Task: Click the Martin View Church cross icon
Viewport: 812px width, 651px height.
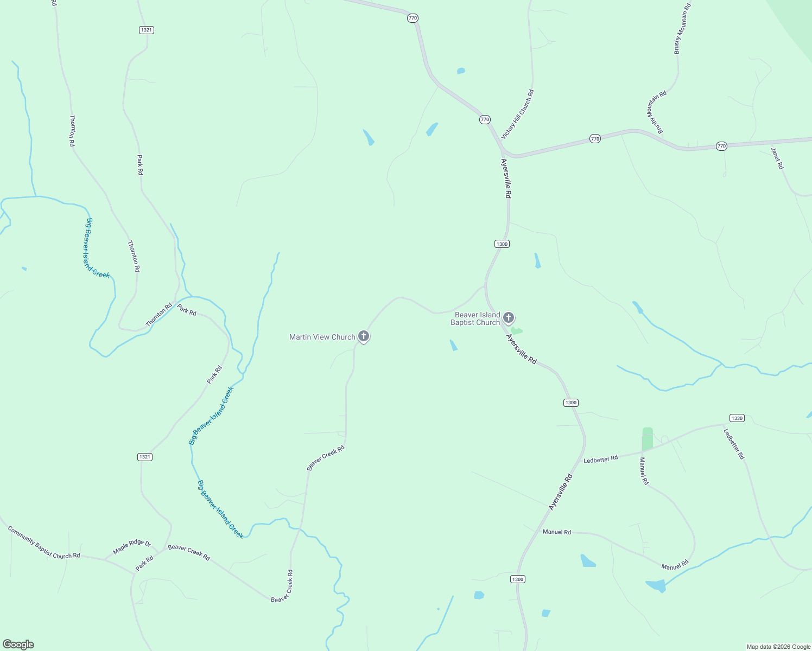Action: point(364,337)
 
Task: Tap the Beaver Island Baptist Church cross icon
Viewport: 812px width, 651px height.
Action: point(509,317)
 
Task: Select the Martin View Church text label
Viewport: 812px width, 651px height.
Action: point(322,337)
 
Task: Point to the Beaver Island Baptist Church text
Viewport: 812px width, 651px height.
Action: point(475,318)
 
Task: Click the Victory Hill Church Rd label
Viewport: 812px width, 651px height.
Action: point(517,114)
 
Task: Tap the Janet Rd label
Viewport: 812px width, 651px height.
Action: point(777,158)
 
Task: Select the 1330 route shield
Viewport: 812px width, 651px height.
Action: point(737,418)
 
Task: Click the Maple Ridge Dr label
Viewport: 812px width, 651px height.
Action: point(132,547)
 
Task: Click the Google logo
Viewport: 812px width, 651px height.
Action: point(18,644)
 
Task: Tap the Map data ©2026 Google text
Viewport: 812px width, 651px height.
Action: point(778,647)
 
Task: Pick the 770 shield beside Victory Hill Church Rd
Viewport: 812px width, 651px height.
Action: point(485,119)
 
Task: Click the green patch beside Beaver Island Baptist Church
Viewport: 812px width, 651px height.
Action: point(516,330)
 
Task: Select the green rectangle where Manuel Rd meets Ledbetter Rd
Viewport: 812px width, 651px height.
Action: point(647,439)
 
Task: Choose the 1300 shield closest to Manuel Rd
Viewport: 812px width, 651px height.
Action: point(517,579)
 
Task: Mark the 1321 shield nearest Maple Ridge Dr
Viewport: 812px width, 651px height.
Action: point(144,457)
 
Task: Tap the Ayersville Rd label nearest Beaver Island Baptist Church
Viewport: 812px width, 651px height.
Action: point(521,349)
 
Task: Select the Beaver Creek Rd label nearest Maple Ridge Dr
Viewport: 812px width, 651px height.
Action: point(189,552)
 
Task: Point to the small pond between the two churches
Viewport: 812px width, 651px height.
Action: point(453,345)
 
